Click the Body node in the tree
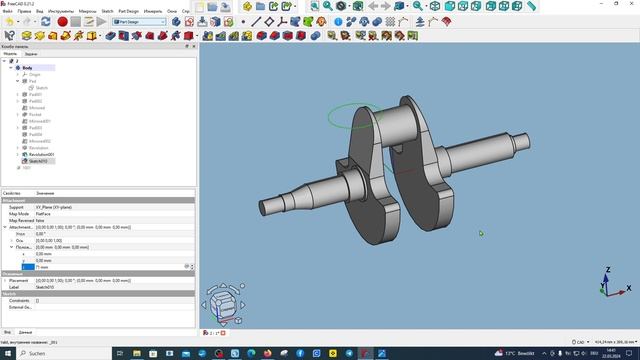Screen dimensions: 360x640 27,67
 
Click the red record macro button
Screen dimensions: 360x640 62,20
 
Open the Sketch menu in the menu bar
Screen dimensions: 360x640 107,11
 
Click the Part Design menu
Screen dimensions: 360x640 128,11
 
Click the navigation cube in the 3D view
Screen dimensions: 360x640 223,303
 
